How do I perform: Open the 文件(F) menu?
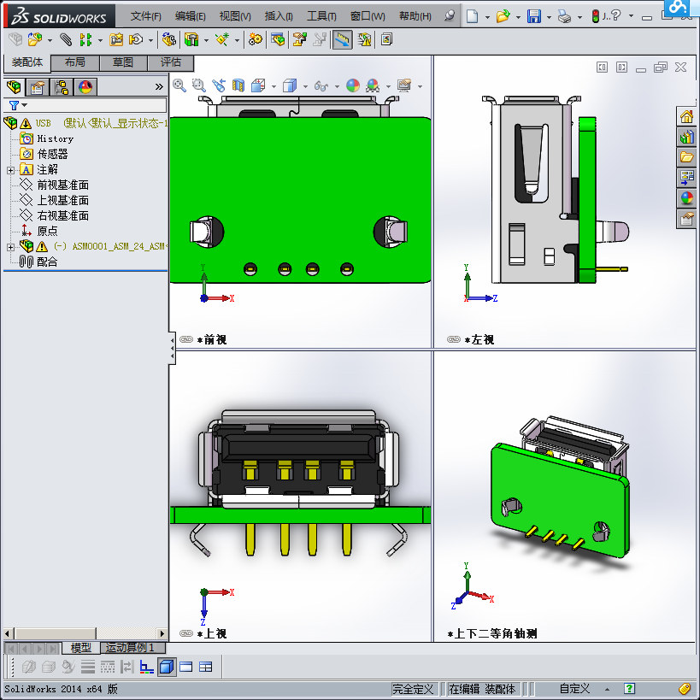(x=145, y=16)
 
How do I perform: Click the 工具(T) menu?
(x=321, y=16)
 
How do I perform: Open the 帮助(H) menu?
(x=415, y=16)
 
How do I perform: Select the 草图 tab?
(x=122, y=62)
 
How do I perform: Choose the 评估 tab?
(x=170, y=62)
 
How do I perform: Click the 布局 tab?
(x=74, y=62)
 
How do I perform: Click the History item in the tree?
(x=55, y=138)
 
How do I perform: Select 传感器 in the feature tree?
(x=52, y=154)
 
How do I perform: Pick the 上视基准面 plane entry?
(x=62, y=200)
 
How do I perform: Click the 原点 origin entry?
(x=47, y=231)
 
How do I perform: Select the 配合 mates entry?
(x=47, y=262)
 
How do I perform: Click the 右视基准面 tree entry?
(x=62, y=215)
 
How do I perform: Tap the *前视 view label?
(x=211, y=339)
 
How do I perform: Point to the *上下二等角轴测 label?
(x=497, y=634)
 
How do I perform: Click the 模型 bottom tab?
(x=80, y=648)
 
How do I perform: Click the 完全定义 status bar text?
(x=413, y=689)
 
